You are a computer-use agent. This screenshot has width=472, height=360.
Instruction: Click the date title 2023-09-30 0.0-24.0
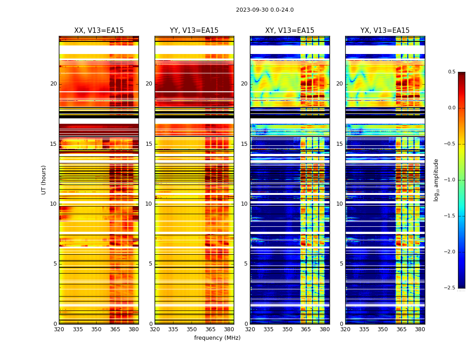click(265, 10)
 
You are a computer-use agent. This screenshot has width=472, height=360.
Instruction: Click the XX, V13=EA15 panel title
click(99, 31)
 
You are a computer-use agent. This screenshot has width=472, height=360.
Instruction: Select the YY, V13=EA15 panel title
click(194, 31)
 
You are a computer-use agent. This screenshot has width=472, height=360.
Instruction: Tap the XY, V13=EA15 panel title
click(289, 31)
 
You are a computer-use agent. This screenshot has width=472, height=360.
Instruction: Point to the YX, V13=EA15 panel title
click(385, 31)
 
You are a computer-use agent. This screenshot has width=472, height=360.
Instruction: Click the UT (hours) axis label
click(44, 180)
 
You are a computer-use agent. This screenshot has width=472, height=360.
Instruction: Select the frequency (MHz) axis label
click(217, 338)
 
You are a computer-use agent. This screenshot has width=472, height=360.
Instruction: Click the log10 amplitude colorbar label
click(436, 180)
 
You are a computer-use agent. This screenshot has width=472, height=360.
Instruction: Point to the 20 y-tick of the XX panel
click(53, 84)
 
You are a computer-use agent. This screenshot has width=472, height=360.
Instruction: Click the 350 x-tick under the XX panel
click(96, 329)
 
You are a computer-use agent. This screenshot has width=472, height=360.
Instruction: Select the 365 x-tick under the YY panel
click(210, 329)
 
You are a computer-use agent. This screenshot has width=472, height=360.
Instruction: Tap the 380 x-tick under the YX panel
click(420, 329)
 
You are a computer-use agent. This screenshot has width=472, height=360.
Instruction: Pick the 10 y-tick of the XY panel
click(244, 204)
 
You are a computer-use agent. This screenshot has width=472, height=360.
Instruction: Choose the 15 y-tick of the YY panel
click(149, 144)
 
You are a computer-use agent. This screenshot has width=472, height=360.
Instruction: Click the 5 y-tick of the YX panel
click(342, 264)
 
